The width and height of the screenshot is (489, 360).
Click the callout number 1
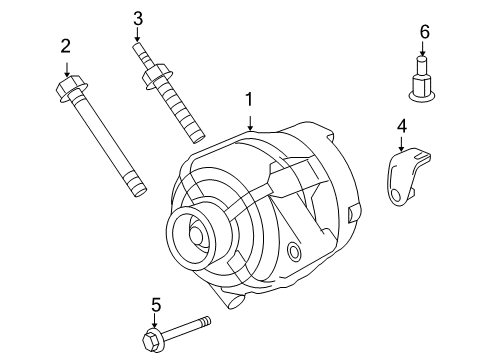click(250, 100)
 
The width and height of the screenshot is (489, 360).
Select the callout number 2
click(66, 45)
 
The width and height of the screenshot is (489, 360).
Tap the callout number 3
click(139, 18)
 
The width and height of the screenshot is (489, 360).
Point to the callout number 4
click(401, 126)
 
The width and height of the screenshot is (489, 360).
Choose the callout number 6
click(424, 32)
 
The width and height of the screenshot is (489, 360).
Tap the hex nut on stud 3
click(155, 75)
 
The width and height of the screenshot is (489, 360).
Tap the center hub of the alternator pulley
click(194, 236)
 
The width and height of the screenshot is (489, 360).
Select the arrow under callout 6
click(424, 53)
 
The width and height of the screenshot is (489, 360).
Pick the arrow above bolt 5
click(156, 319)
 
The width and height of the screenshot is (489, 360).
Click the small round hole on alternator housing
click(294, 250)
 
